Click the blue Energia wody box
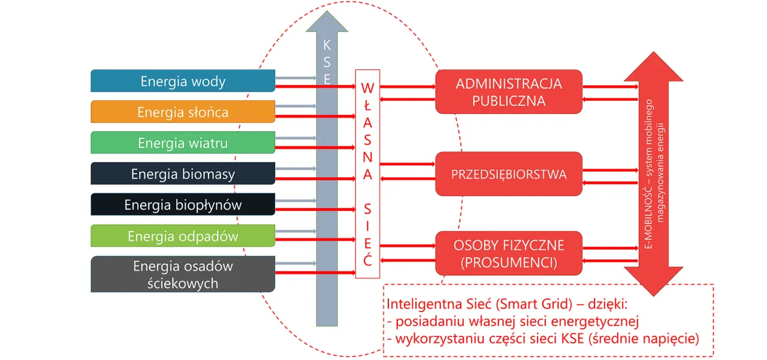183,81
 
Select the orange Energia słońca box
183,112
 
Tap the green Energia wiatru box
183,143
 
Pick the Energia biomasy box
183,174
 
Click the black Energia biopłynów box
183,205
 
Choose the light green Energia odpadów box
183,236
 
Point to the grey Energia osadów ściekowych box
183,274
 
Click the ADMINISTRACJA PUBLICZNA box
509,92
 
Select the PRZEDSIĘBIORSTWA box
509,174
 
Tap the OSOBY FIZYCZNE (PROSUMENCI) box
509,254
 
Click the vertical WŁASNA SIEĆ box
367,174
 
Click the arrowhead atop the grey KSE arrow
327,21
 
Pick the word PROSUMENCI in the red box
509,262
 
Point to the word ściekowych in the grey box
183,283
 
